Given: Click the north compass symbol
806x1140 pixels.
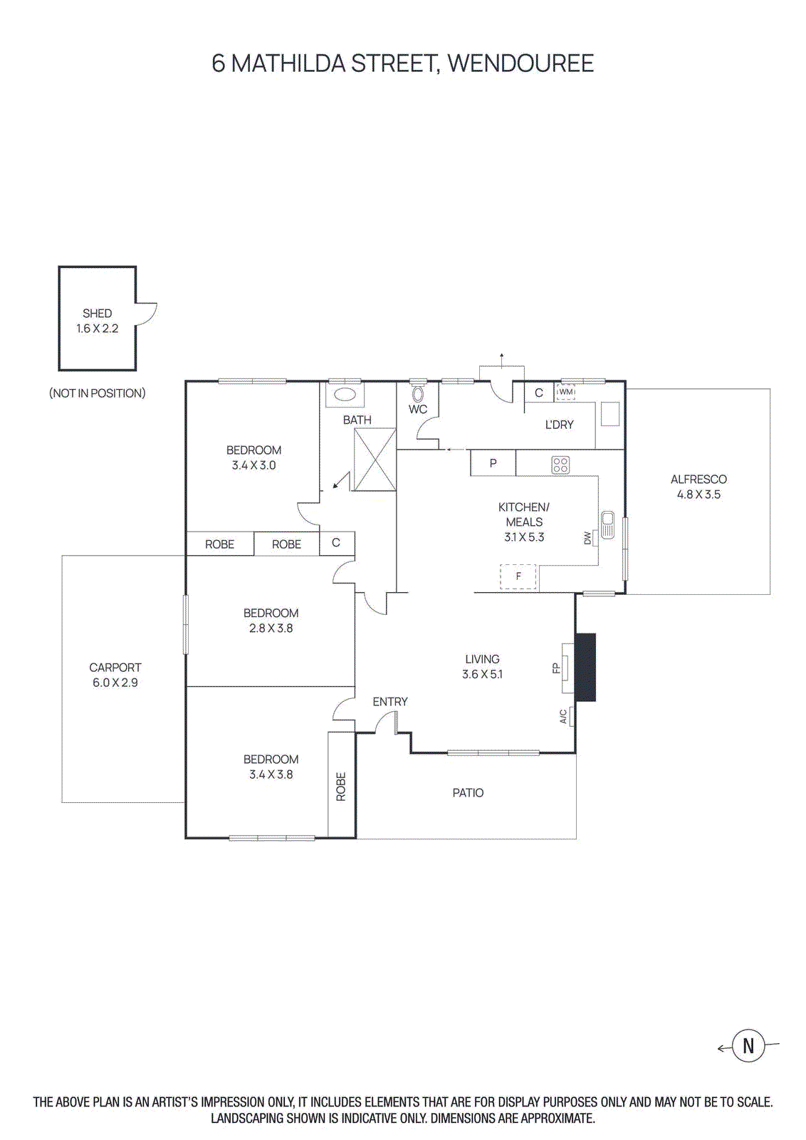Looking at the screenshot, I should (748, 1046).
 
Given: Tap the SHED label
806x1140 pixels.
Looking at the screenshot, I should (97, 313).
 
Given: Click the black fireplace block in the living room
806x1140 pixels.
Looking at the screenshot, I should (585, 667).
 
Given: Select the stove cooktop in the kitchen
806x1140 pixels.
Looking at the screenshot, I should (560, 465).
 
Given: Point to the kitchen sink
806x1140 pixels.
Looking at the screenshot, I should (607, 525).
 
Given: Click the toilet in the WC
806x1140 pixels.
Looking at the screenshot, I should (418, 393).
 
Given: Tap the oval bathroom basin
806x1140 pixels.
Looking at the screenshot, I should (345, 395).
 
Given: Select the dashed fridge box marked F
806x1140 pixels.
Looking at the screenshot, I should (518, 576).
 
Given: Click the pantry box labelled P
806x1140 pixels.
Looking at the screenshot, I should (493, 463).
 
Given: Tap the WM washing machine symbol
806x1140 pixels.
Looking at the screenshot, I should (565, 392).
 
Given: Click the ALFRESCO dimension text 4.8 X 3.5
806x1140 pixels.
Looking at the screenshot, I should (698, 494).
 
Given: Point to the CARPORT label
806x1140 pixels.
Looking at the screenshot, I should (115, 668).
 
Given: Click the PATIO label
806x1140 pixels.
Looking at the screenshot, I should (468, 793).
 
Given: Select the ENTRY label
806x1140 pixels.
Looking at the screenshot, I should (390, 702).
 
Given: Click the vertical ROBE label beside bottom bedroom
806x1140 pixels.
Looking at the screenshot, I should (341, 787).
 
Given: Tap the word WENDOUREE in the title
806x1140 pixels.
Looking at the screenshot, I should (520, 63).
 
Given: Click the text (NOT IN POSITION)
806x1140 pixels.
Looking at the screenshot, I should (98, 393).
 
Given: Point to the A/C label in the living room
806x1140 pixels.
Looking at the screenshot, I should (563, 716).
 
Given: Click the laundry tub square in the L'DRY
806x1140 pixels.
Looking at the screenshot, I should (610, 414).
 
